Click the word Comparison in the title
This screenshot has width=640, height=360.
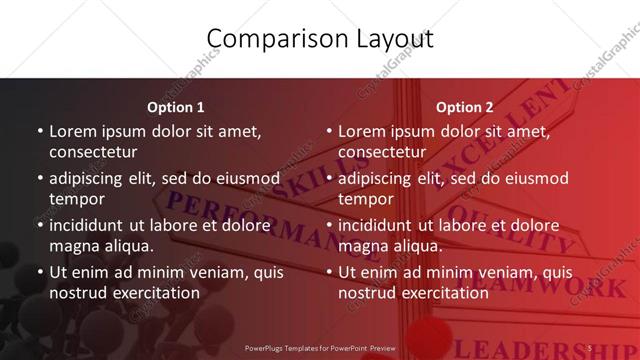266,40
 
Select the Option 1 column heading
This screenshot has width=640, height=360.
176,107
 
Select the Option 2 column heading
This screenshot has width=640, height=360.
465,107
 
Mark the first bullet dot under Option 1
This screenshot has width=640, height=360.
40,132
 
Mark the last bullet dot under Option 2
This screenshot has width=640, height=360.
329,272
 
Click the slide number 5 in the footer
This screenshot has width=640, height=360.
591,348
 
